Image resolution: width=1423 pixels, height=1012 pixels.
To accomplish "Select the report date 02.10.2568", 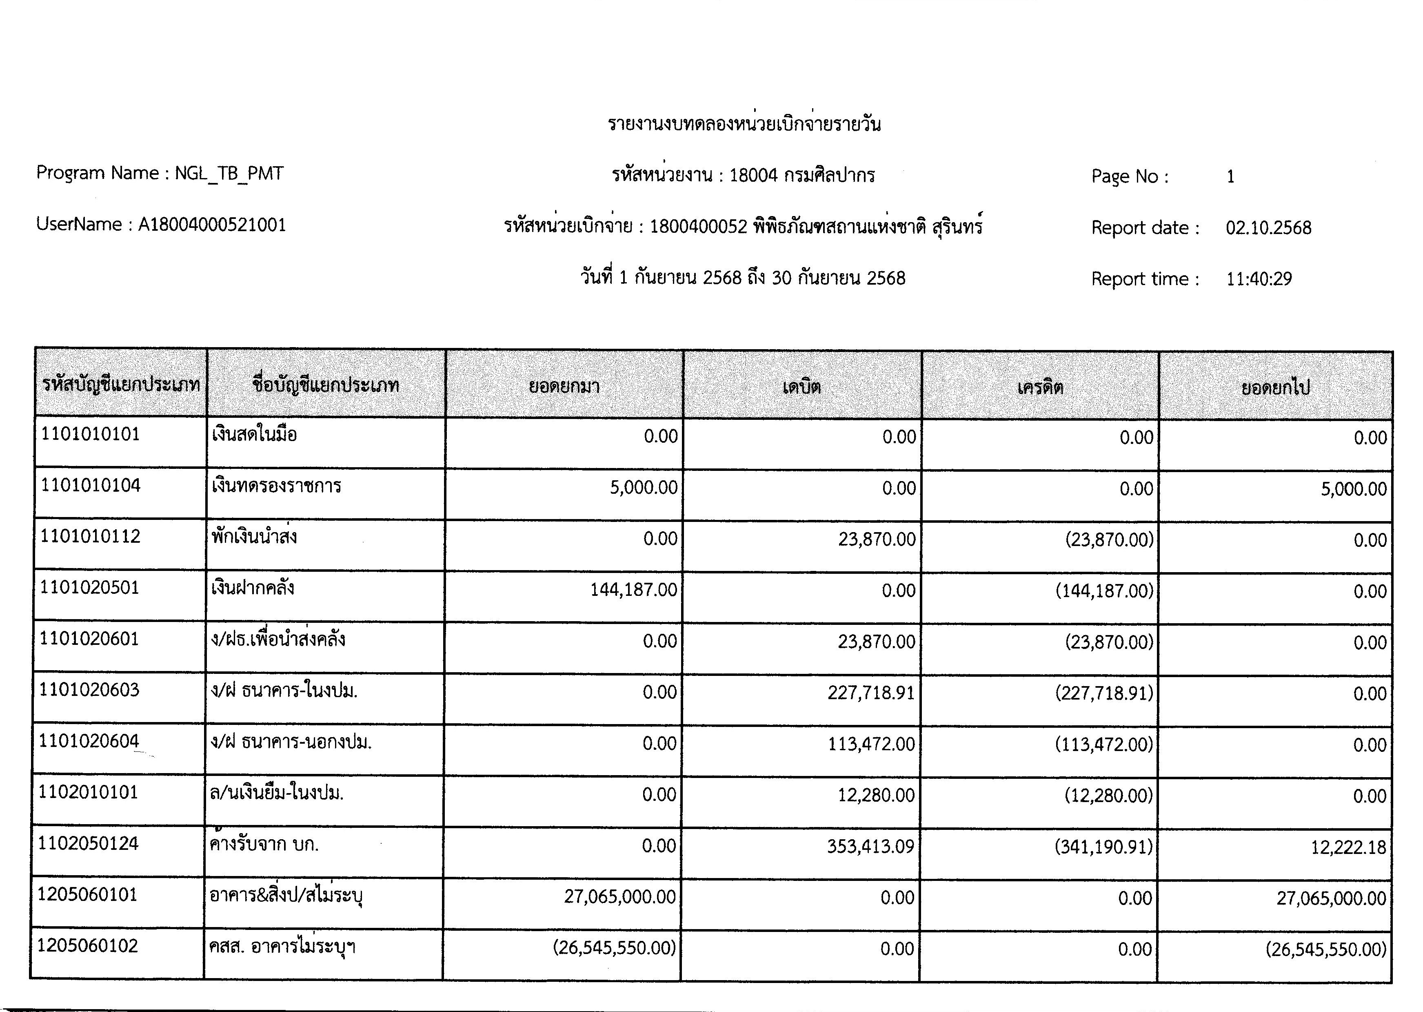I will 1268,227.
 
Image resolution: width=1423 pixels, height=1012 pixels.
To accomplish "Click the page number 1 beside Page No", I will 1230,177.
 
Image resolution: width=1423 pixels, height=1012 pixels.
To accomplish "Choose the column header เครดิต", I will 1040,388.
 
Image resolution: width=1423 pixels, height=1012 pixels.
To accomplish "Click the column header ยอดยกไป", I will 1275,388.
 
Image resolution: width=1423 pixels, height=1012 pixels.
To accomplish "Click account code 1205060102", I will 88,945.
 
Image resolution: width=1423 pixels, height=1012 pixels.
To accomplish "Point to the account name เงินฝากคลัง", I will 253,588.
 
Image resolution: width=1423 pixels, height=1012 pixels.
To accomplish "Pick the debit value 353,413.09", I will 870,846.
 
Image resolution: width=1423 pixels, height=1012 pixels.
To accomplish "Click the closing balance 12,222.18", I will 1348,847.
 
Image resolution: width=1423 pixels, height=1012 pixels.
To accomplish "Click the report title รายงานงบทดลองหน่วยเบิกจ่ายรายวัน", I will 744,124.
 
